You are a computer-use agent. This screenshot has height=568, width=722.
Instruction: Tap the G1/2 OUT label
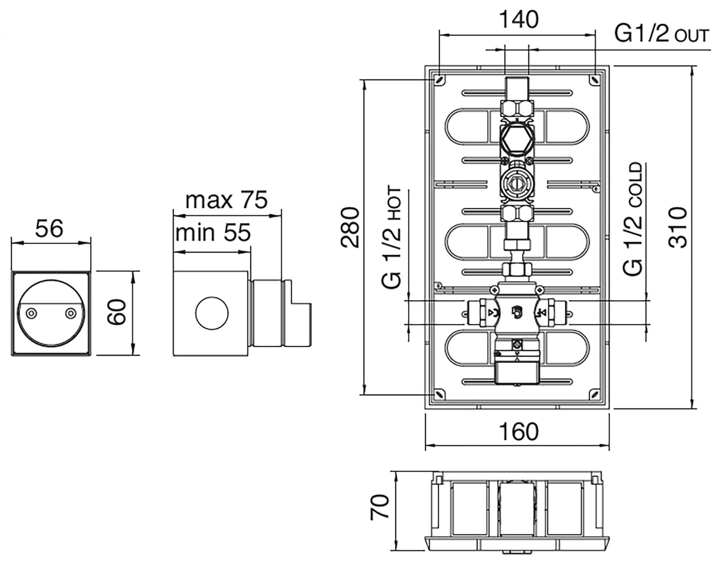[661, 34]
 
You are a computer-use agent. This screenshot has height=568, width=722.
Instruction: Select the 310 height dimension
[678, 228]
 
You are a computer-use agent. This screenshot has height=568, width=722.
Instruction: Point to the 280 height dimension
[351, 228]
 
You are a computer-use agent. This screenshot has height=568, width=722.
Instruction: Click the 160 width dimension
[518, 431]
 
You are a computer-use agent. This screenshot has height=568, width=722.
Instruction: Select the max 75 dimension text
[226, 200]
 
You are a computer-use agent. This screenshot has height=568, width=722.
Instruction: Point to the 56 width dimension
[50, 228]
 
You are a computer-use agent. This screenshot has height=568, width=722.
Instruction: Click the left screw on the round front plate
[31, 313]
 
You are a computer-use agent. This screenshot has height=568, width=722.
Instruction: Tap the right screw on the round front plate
[70, 313]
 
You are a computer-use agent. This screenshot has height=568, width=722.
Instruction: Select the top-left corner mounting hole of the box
[439, 79]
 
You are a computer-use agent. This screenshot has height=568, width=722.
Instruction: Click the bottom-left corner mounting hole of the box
[439, 394]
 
